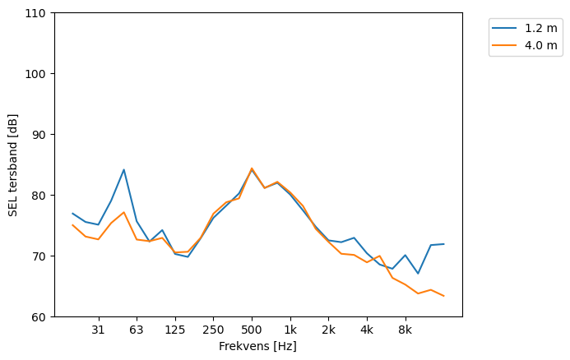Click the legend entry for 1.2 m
(535, 28)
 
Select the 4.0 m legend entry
(535, 45)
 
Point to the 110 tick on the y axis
(38, 13)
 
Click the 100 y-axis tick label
(38, 74)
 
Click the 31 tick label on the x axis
(98, 330)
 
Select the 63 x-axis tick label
(137, 330)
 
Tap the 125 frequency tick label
(174, 330)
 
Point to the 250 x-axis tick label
(213, 330)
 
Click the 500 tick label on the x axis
(252, 330)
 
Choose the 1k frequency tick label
(290, 330)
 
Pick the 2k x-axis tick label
(328, 330)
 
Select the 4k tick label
(367, 330)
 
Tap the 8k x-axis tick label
(405, 330)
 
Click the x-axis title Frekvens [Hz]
(257, 347)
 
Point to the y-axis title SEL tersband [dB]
(13, 165)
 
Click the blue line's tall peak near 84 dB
(123, 170)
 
